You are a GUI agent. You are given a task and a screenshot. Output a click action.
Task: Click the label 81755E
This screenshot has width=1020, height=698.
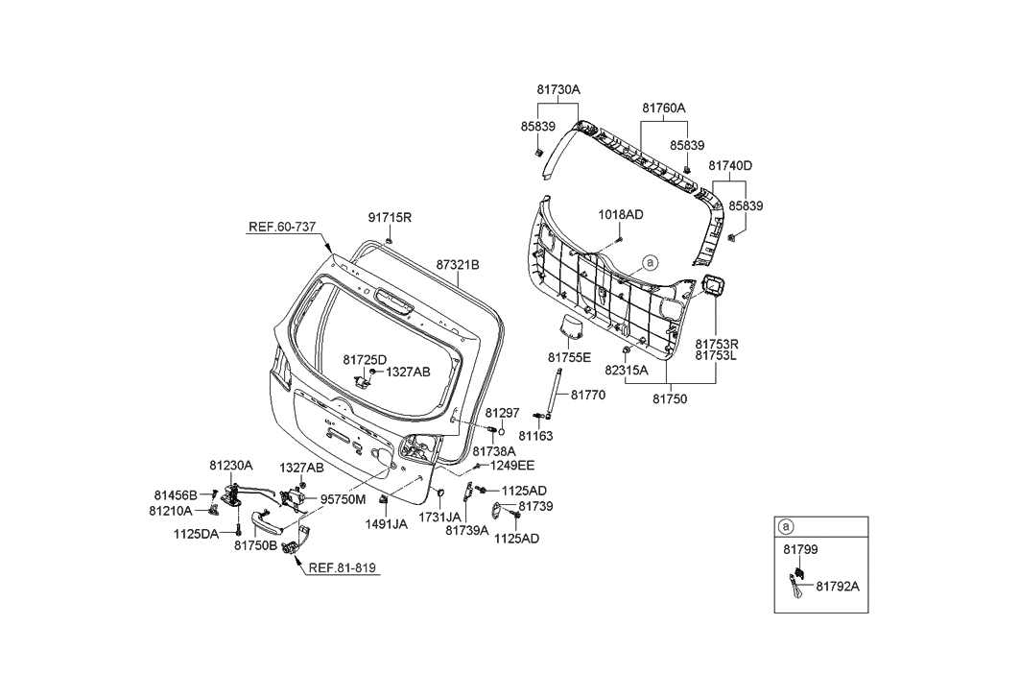click(x=571, y=358)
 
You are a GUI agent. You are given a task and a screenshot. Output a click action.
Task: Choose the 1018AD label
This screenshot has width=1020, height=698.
click(x=621, y=213)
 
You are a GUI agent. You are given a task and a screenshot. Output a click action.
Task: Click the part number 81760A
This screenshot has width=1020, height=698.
click(x=664, y=108)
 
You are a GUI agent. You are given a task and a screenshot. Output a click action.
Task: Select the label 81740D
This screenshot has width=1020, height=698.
click(x=730, y=166)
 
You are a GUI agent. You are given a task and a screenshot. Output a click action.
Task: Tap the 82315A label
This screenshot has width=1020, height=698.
click(x=626, y=370)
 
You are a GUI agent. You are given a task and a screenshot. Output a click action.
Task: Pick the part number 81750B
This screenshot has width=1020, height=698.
click(x=255, y=545)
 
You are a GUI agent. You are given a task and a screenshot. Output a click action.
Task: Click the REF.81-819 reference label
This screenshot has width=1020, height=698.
click(x=343, y=567)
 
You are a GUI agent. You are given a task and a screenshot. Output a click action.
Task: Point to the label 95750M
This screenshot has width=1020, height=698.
click(x=343, y=499)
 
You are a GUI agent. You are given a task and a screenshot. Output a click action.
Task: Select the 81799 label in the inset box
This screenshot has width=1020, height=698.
click(x=799, y=549)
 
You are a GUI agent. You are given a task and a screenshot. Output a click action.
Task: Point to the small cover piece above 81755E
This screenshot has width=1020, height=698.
click(x=573, y=326)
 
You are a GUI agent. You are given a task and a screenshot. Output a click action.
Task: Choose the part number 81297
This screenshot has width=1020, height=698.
click(x=502, y=413)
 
